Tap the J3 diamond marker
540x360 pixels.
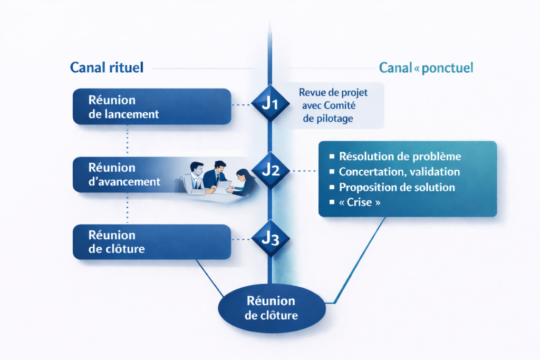[x=270, y=239]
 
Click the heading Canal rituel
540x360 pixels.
[x=107, y=67]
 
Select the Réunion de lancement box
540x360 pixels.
[x=151, y=106]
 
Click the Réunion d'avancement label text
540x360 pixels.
[x=124, y=174]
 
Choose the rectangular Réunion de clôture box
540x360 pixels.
[x=151, y=242]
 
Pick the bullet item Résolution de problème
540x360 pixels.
[x=400, y=157]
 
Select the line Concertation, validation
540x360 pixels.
[x=399, y=172]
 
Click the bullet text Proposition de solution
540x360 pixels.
[x=397, y=188]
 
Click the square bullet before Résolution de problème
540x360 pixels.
[x=332, y=157]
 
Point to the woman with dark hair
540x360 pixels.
[x=244, y=179]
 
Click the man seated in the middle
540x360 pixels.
[x=217, y=174]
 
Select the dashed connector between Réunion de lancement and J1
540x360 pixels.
[x=242, y=105]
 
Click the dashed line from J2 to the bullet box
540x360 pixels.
[x=303, y=171]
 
